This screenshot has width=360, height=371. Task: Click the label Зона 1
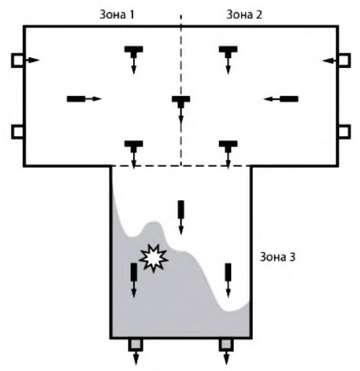point(117,14)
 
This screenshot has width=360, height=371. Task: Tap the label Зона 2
point(245,14)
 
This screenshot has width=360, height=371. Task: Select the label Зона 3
point(278,257)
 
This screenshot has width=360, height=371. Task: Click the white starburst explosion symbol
point(153,258)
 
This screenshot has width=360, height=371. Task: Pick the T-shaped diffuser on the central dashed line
point(181,102)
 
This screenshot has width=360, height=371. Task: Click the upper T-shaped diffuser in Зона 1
point(134,52)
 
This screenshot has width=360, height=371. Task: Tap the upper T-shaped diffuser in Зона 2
point(228,52)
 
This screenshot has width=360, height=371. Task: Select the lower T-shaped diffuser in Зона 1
point(134,146)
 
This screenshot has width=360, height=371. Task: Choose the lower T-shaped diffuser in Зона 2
point(228,146)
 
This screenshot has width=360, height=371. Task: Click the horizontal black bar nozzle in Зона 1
point(76,99)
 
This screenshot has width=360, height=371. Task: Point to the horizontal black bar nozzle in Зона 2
point(289,99)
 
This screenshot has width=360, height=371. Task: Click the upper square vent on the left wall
point(18,60)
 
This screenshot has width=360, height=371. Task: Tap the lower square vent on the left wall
point(18,132)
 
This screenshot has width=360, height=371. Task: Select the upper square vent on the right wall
point(344,60)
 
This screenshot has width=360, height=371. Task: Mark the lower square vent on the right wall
point(344,132)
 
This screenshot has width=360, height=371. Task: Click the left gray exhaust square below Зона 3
point(136,345)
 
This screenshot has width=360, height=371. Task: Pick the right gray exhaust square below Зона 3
point(226,345)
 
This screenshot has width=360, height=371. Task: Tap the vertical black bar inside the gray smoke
point(134,272)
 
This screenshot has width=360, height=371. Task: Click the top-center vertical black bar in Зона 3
point(181,210)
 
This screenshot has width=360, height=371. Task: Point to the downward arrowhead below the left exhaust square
point(136,362)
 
